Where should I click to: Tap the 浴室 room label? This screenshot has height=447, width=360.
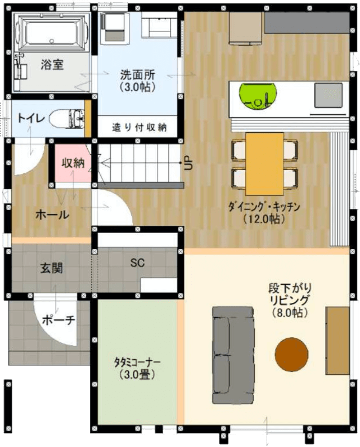(x=52, y=64)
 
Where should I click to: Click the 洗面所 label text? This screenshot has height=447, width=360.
(x=138, y=74)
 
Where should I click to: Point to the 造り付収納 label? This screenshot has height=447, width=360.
(x=140, y=127)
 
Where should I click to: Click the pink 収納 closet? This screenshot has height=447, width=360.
(x=72, y=164)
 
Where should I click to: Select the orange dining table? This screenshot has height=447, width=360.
(x=264, y=163)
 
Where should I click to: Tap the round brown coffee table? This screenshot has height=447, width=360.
(x=291, y=355)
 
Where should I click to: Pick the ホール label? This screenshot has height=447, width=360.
(x=52, y=214)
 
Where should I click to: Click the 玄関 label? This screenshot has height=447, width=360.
(x=51, y=268)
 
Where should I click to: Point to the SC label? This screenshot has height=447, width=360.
(x=138, y=262)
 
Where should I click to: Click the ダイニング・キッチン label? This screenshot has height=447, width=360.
(x=264, y=207)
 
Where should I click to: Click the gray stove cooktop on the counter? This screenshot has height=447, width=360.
(x=328, y=93)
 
